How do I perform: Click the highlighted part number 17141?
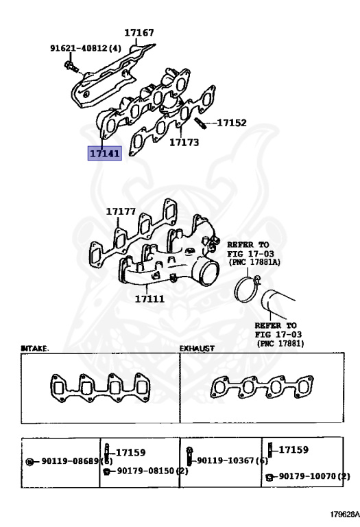pyautogui.click(x=104, y=153)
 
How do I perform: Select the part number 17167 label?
pyautogui.click(x=139, y=32)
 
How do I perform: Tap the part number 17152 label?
pyautogui.click(x=232, y=124)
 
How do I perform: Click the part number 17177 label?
pyautogui.click(x=121, y=212)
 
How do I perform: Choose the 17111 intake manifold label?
pyautogui.click(x=149, y=298)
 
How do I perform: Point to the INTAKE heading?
pyautogui.click(x=34, y=349)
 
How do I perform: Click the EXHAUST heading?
pyautogui.click(x=197, y=349)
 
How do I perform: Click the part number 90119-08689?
pyautogui.click(x=65, y=461)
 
